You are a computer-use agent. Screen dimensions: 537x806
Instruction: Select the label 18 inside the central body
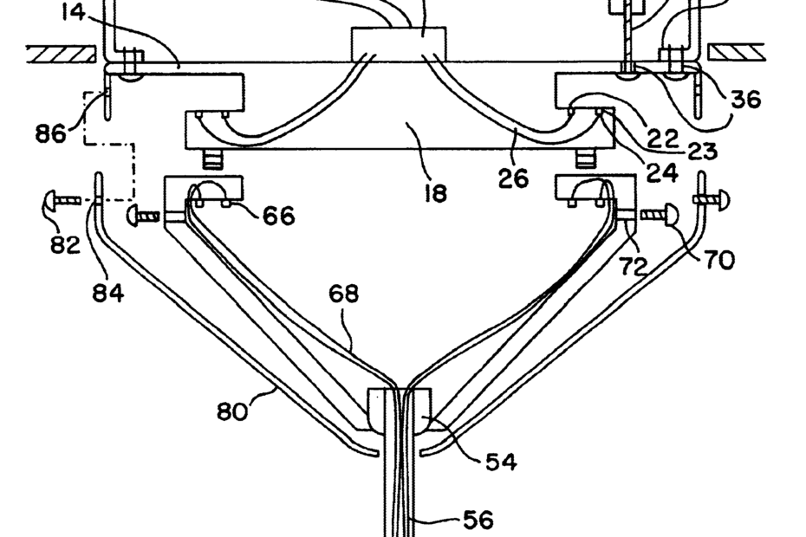tap(435, 192)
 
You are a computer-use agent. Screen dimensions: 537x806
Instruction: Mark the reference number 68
tap(343, 294)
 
